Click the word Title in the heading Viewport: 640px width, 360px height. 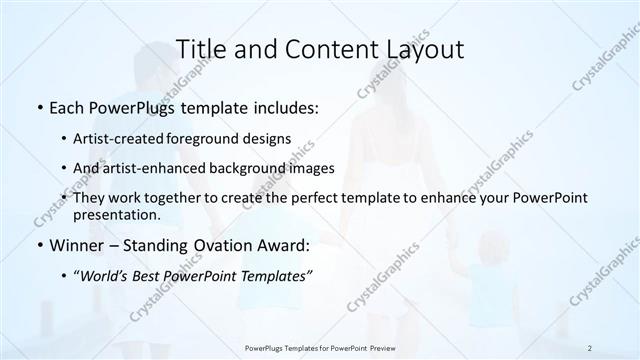pos(200,49)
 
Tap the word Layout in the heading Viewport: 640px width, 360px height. pos(426,49)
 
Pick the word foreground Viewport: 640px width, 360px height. pos(222,138)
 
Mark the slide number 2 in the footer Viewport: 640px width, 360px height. pos(590,348)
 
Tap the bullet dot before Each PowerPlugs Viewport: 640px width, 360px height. pos(39,107)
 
